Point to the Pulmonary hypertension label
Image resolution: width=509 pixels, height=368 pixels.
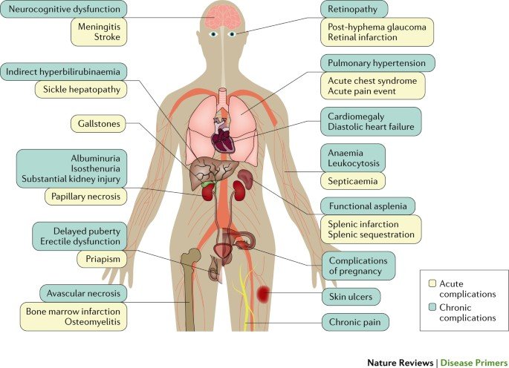click(x=377, y=63)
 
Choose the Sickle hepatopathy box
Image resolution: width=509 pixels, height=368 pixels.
click(x=81, y=90)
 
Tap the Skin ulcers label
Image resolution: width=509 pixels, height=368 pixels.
click(x=350, y=297)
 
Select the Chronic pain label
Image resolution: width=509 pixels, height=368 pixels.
click(x=355, y=323)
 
